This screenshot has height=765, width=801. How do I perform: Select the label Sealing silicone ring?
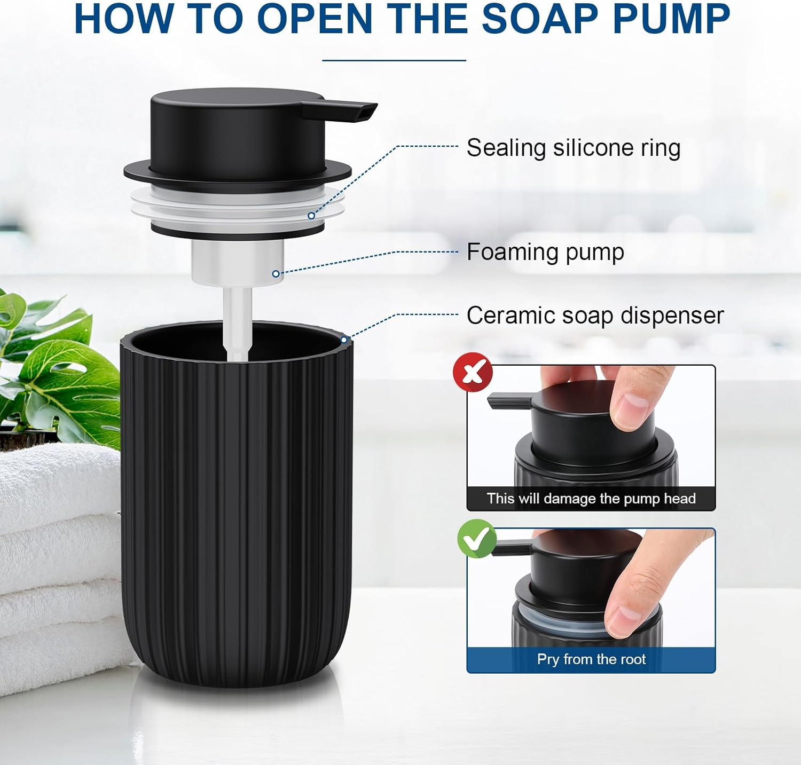tap(573, 148)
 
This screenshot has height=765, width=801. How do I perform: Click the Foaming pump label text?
tap(545, 252)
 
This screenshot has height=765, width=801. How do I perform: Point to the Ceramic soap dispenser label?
tap(594, 316)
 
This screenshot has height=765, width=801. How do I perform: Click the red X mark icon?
tap(473, 372)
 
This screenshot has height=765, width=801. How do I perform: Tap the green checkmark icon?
tap(477, 538)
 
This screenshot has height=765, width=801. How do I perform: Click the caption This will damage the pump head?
tap(591, 499)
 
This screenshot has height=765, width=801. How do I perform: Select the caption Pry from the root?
tap(591, 659)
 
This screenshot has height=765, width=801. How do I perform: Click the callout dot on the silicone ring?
tap(311, 216)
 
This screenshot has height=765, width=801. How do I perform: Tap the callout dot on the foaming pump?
tap(276, 274)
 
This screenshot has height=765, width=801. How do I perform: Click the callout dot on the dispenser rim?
tap(344, 340)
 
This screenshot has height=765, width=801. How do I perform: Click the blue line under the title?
tap(394, 60)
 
